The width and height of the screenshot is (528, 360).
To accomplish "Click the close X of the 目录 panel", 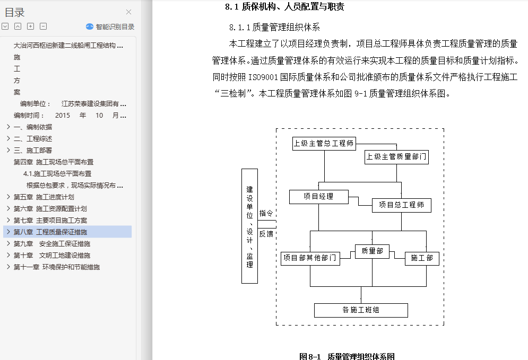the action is [x=128, y=12].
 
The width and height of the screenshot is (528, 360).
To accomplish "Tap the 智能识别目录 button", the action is [x=110, y=27].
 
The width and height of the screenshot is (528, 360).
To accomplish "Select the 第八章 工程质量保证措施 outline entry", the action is [x=50, y=232].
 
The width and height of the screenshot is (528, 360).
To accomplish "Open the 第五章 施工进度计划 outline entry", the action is [x=44, y=197].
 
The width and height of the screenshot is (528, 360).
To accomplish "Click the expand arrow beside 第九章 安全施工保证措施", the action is [x=8, y=243].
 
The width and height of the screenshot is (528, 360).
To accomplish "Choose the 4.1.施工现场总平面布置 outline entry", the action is [x=57, y=173].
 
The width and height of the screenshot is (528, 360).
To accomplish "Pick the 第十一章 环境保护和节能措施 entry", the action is [x=57, y=267].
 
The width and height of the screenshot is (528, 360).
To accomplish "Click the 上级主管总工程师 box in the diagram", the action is [x=324, y=143].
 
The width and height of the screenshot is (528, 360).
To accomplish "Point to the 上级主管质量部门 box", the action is [x=396, y=157].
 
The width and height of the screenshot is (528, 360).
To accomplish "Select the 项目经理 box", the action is [x=318, y=197].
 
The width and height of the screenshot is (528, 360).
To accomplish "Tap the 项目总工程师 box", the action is [x=401, y=205].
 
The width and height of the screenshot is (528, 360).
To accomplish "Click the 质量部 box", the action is [x=372, y=251].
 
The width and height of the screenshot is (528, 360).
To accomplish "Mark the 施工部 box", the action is [x=421, y=258].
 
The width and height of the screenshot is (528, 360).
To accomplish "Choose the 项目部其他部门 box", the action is [x=310, y=258].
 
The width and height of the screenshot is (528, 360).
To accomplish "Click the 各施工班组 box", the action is [x=361, y=310].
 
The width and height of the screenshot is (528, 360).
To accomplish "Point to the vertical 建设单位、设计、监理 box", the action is [x=249, y=226].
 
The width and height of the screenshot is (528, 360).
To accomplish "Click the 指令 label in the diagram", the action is [x=266, y=213].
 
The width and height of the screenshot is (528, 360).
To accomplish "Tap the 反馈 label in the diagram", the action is [x=266, y=234].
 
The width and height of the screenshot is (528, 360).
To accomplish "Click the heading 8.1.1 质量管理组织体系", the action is [x=274, y=27].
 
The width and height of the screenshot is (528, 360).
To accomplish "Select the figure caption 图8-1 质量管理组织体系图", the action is [x=347, y=356].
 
